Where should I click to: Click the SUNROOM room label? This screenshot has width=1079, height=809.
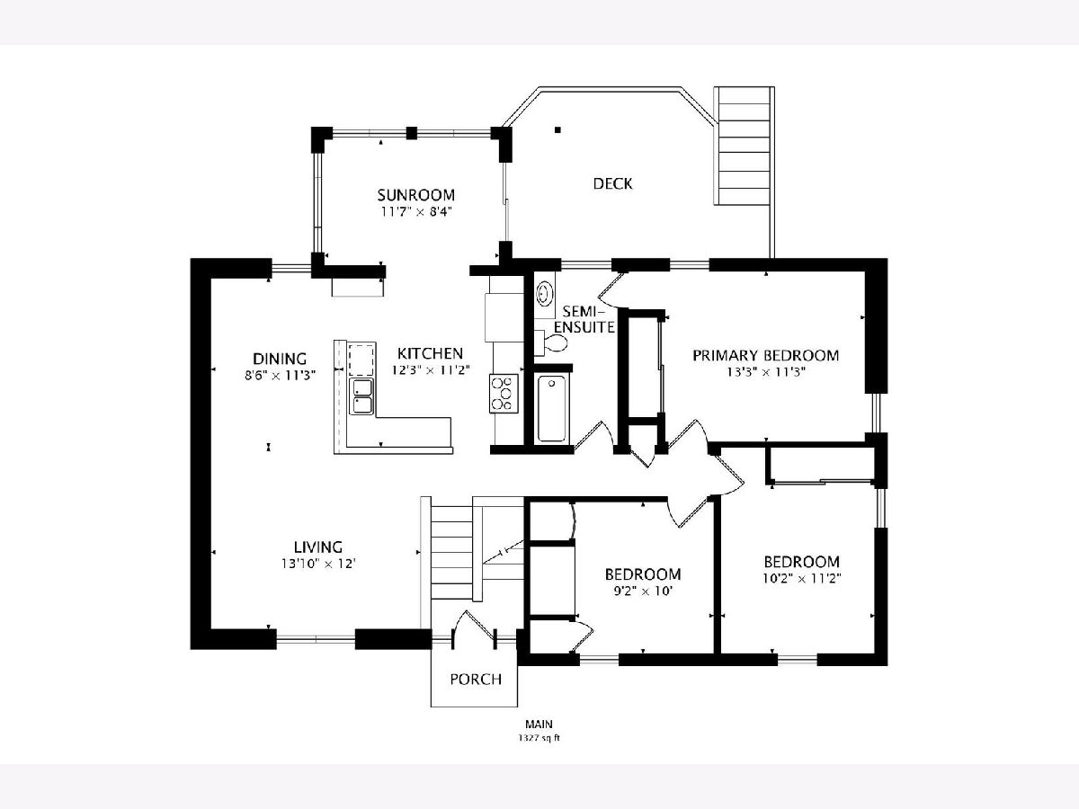click(416, 195)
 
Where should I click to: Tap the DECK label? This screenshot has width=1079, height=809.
click(612, 183)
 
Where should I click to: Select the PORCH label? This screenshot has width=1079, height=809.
click(476, 680)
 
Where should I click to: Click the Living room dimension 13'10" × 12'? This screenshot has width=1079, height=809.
click(318, 564)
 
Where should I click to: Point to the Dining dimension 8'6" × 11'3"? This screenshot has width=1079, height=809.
click(280, 375)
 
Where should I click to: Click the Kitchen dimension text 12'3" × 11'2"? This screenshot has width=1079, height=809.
click(431, 369)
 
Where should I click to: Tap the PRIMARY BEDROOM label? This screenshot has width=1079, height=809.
click(765, 355)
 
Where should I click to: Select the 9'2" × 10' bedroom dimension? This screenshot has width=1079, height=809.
click(643, 591)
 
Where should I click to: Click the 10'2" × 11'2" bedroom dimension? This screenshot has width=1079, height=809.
click(802, 578)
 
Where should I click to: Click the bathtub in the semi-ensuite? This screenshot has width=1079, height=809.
click(551, 409)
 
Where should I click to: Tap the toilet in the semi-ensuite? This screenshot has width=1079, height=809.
click(550, 342)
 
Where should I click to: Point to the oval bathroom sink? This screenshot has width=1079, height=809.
click(545, 294)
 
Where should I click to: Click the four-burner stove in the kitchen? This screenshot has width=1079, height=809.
click(504, 394)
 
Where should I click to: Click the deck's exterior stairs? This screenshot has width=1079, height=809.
click(744, 146)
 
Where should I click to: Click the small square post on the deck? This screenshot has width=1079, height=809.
click(557, 130)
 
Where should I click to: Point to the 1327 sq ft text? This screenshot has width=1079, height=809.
click(539, 738)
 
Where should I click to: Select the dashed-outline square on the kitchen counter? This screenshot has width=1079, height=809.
click(361, 359)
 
